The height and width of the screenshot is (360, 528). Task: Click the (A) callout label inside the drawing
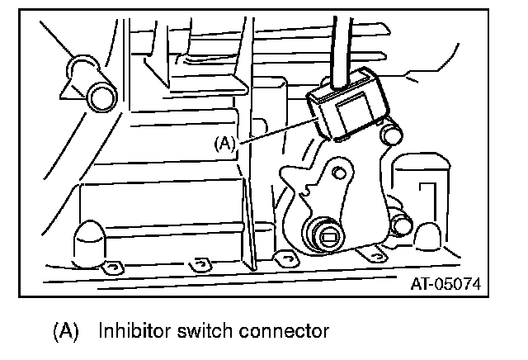click(225, 143)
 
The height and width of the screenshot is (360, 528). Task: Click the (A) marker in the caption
click(65, 332)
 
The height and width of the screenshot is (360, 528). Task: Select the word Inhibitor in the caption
click(135, 332)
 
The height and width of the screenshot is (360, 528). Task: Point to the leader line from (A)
click(276, 132)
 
